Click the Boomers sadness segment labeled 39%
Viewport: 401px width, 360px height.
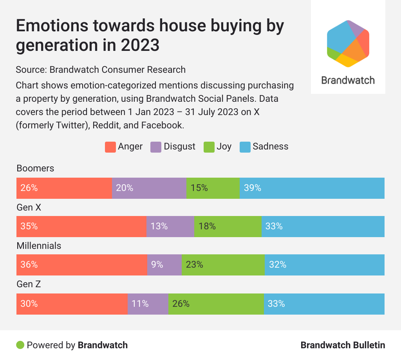coord(312,188)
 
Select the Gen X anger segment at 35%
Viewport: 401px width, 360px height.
coord(81,226)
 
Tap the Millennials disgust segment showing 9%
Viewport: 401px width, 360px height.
coord(164,265)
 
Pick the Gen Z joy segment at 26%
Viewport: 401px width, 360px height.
coord(216,303)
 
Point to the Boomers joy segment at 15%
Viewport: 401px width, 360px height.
coord(213,188)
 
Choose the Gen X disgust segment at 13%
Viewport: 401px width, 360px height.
coord(170,226)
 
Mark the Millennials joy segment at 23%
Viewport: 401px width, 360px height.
coord(223,265)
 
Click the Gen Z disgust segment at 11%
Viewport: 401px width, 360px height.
coord(148,303)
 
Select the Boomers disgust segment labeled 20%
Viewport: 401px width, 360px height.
coord(149,188)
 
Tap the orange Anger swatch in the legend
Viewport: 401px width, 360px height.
coord(110,147)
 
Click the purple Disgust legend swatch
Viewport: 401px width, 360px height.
coord(156,147)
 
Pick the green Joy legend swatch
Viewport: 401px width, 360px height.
coord(209,147)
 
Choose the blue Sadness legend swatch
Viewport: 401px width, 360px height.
coord(245,147)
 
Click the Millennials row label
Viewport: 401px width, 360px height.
coord(39,246)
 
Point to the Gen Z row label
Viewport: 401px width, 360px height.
coord(29,284)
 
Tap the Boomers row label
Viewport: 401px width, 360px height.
coord(35,168)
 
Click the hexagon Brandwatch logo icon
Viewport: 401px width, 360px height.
coord(348,43)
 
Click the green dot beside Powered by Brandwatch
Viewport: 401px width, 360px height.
coord(20,345)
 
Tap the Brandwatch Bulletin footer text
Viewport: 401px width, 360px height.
coord(343,345)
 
